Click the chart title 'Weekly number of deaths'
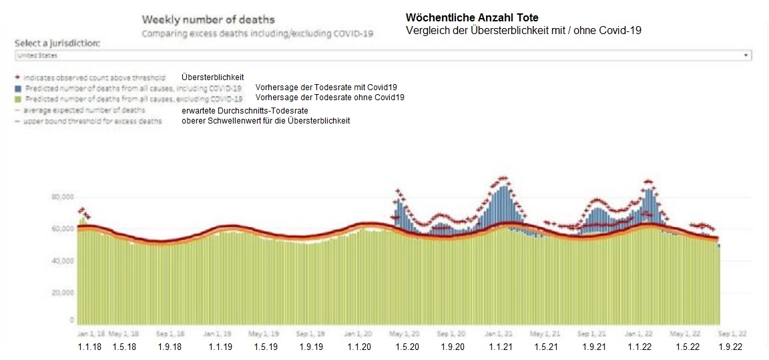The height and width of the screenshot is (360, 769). tap(208, 20)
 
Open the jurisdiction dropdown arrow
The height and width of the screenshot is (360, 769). tap(746, 55)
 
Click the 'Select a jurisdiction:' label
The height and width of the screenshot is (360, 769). tap(57, 43)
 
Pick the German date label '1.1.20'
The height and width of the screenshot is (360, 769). tap(360, 347)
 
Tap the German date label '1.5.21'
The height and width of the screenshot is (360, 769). tap(547, 347)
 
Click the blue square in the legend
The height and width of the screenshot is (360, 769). tap(19, 88)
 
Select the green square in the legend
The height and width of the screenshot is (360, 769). tap(19, 99)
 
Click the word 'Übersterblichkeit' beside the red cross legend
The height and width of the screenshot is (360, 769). tap(212, 77)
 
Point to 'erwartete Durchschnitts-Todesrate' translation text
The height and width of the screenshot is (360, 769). tap(244, 110)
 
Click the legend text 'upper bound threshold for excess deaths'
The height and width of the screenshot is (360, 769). tap(92, 121)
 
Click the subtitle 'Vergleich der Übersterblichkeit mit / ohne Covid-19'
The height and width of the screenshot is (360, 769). tap(523, 30)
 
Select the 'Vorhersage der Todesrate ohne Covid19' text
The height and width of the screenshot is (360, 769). tap(329, 98)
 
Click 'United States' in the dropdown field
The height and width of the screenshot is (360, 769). tap(37, 55)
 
